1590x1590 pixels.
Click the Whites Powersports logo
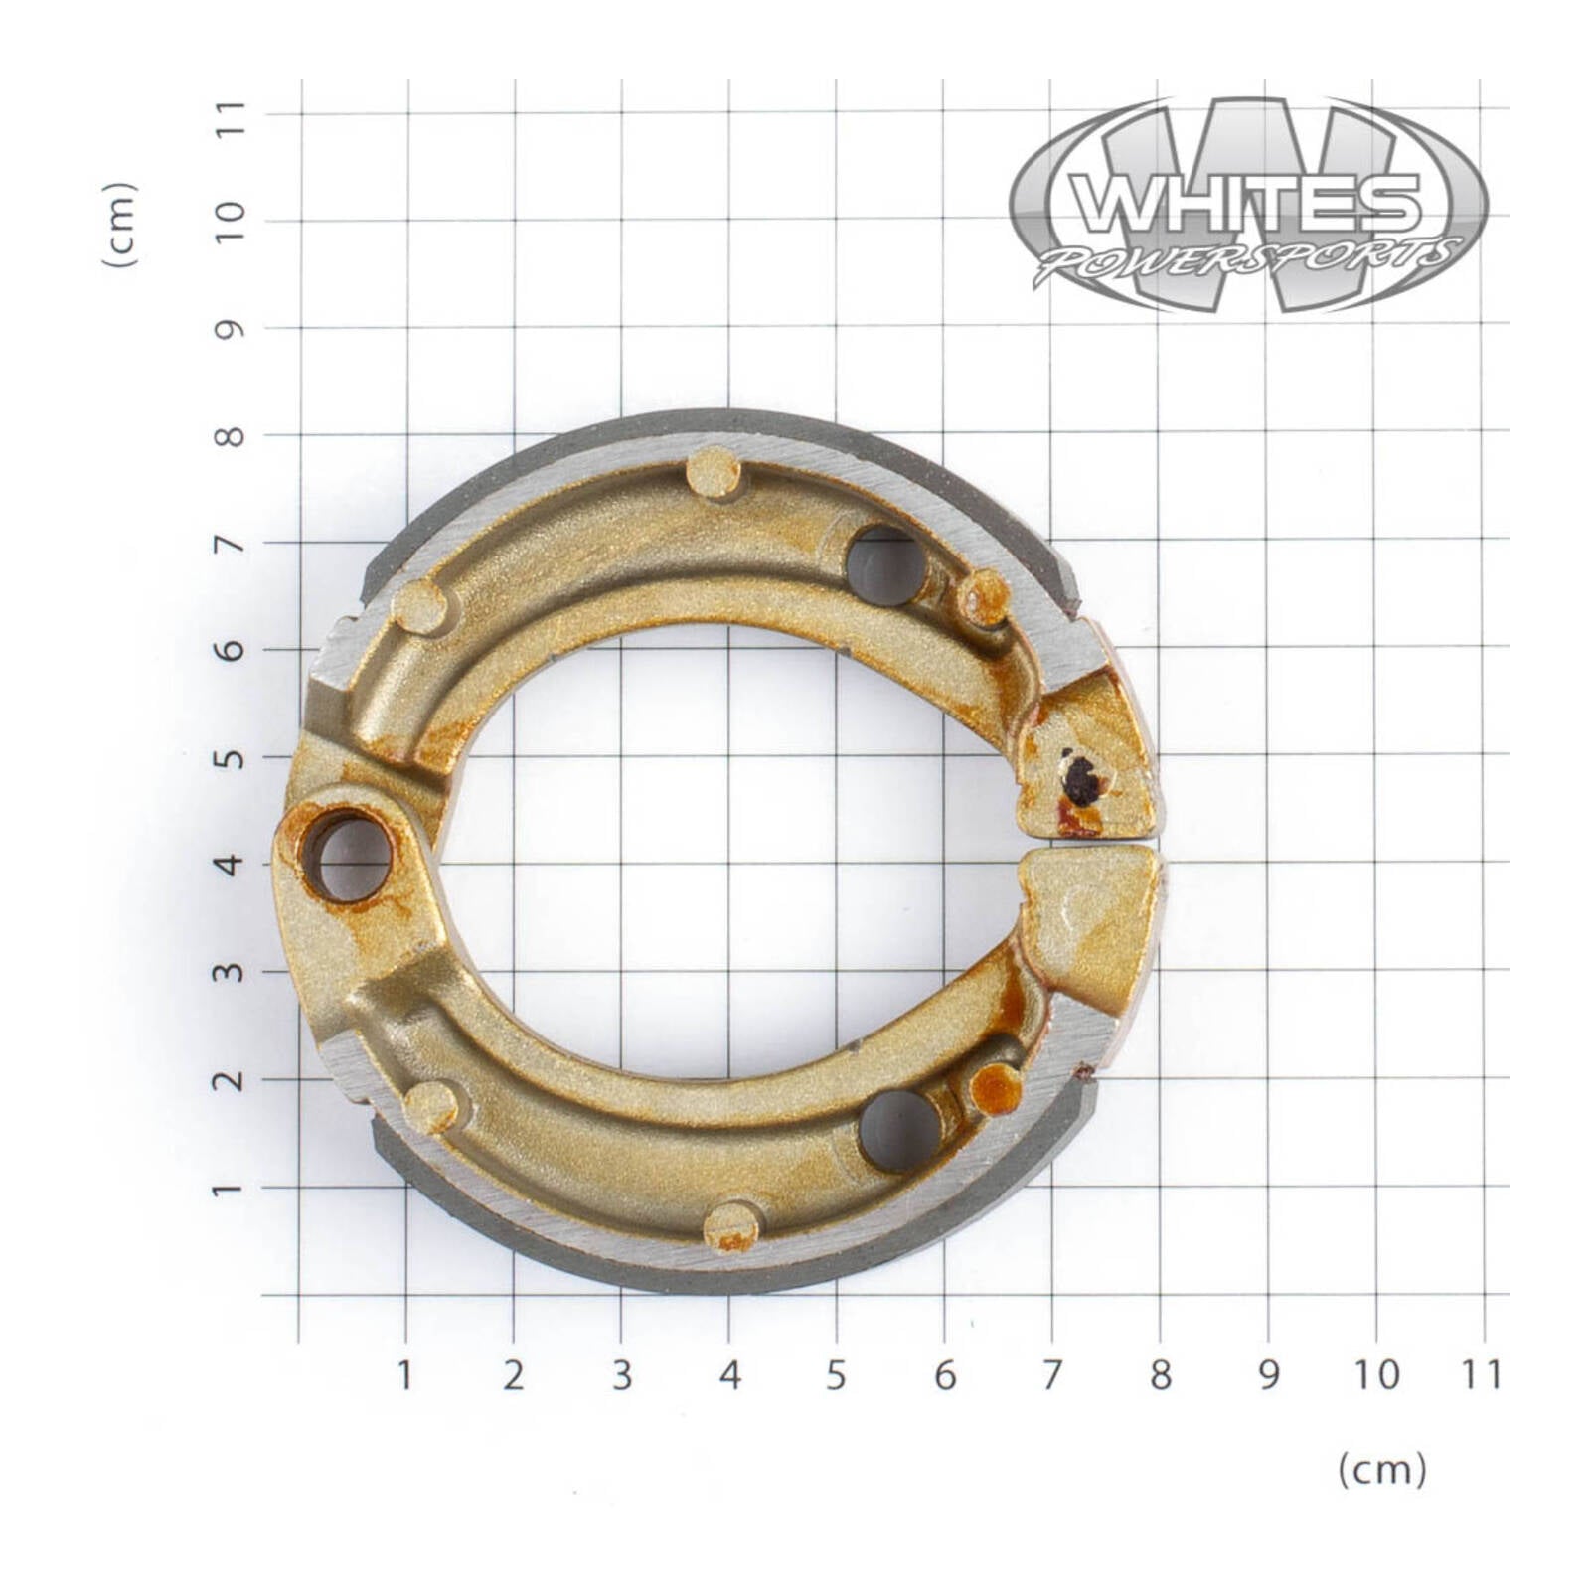(x=1248, y=206)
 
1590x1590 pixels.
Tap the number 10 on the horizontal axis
(x=1375, y=1376)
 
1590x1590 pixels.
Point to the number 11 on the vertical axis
(x=231, y=115)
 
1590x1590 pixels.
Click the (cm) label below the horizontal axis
(x=1381, y=1469)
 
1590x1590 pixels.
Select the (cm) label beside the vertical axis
(x=118, y=225)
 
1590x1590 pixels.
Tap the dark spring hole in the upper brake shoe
(x=885, y=567)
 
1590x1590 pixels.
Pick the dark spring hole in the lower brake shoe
(x=900, y=1131)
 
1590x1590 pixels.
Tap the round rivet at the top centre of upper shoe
(x=714, y=473)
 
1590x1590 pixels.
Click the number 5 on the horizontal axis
(x=836, y=1376)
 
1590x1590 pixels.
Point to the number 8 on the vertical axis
(x=231, y=436)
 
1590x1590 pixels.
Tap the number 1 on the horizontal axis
(x=404, y=1376)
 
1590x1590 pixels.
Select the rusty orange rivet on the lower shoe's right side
(x=996, y=1089)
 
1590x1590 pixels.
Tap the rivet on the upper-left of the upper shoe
(x=420, y=607)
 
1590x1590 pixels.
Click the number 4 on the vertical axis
(x=231, y=865)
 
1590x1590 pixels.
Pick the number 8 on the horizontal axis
(x=1160, y=1376)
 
